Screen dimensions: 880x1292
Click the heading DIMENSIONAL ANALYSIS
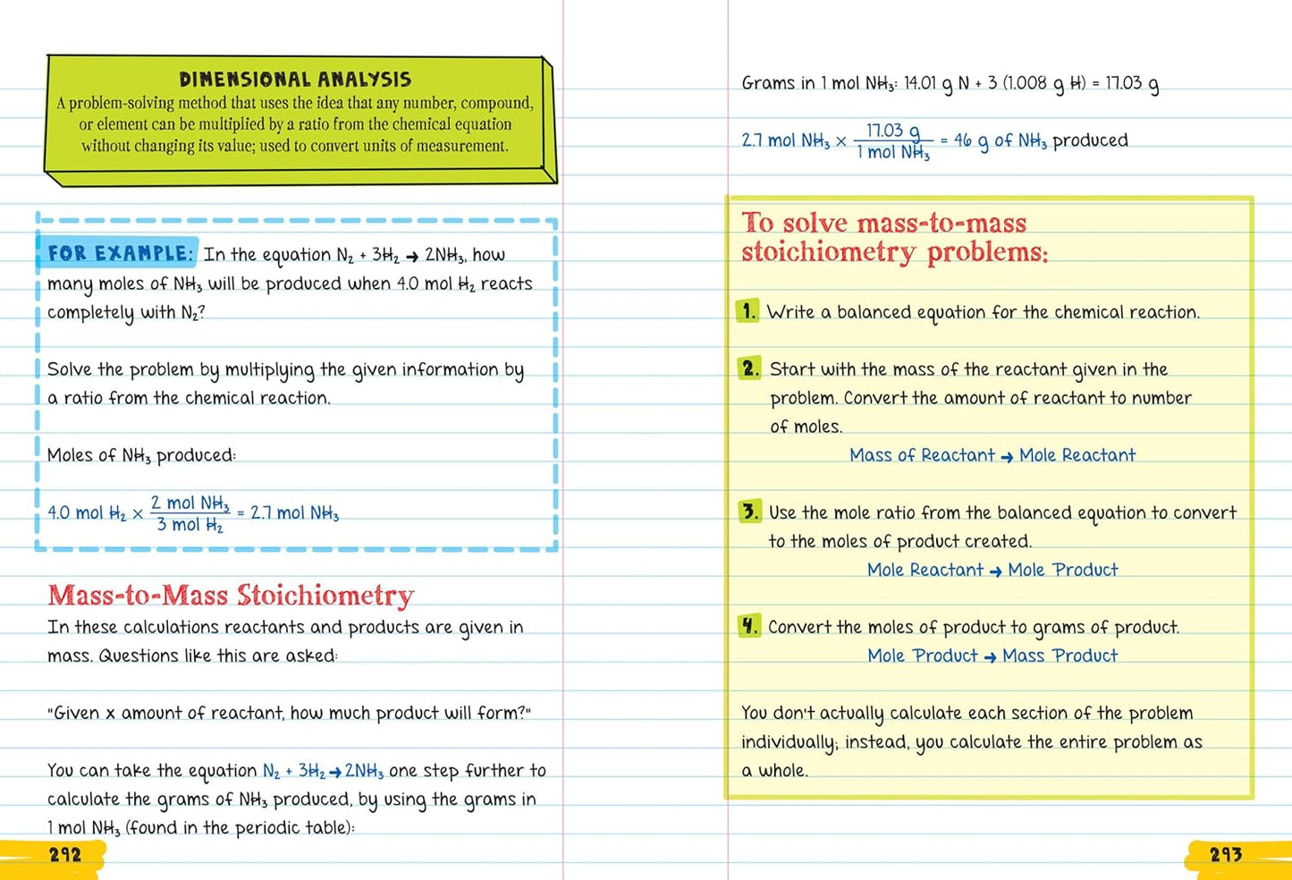coord(295,80)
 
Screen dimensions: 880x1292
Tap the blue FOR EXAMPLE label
coord(119,254)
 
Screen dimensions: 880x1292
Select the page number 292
coord(65,855)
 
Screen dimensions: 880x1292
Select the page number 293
coord(1226,855)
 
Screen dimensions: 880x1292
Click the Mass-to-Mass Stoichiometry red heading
coord(231,596)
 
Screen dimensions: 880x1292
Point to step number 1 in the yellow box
coord(748,311)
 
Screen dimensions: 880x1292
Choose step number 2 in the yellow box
coord(750,368)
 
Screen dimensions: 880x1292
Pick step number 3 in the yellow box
coord(749,512)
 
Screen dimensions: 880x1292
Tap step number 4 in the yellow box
coord(749,626)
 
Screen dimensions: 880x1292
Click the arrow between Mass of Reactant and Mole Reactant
coord(1007,457)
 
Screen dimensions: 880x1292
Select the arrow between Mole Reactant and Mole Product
coord(995,571)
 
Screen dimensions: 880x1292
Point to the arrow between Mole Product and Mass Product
coord(990,657)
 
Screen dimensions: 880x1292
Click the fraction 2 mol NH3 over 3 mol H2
coord(190,514)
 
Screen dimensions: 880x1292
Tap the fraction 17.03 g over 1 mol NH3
coord(893,141)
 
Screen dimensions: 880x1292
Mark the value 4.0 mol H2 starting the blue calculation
coord(86,513)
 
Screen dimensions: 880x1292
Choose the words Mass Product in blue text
coord(1060,656)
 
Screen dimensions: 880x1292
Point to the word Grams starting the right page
coord(768,83)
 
